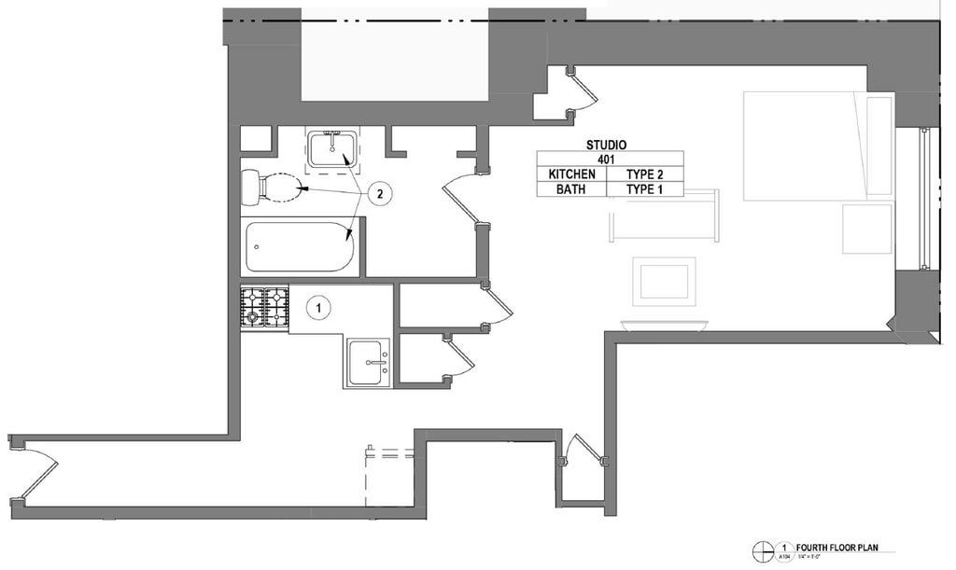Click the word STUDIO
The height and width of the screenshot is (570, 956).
[x=606, y=145]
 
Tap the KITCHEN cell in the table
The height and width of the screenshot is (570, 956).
[x=571, y=174]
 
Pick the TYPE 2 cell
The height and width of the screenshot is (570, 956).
[x=644, y=174]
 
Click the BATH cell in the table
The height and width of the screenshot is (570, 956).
[x=571, y=189]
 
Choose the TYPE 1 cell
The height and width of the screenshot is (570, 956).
[x=644, y=189]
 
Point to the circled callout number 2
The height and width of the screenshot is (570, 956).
[x=378, y=194]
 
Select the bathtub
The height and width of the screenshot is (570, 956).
[x=300, y=246]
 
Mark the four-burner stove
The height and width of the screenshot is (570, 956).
[x=265, y=307]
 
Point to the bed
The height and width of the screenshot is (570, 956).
[x=817, y=146]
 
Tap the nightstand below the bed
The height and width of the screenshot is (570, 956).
[x=867, y=229]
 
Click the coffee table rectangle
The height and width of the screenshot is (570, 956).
[x=664, y=281]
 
